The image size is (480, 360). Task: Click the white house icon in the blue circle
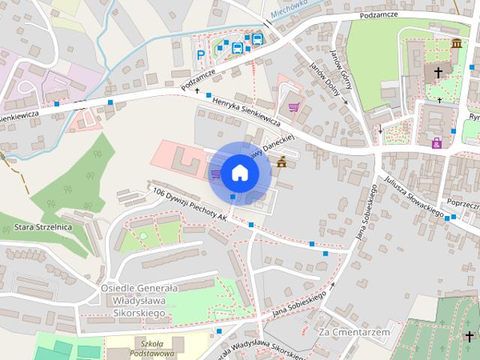pos(239,172)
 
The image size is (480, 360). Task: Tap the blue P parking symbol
pos(200,54)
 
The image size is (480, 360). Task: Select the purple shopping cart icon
pos(293,107)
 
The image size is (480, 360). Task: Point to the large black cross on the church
pos(438,73)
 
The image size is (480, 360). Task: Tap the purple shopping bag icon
pos(436,142)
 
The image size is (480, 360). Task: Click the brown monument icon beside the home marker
pos(282,162)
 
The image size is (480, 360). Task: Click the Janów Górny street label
pos(341,73)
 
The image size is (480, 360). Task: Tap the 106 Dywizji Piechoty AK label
pos(190,203)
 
